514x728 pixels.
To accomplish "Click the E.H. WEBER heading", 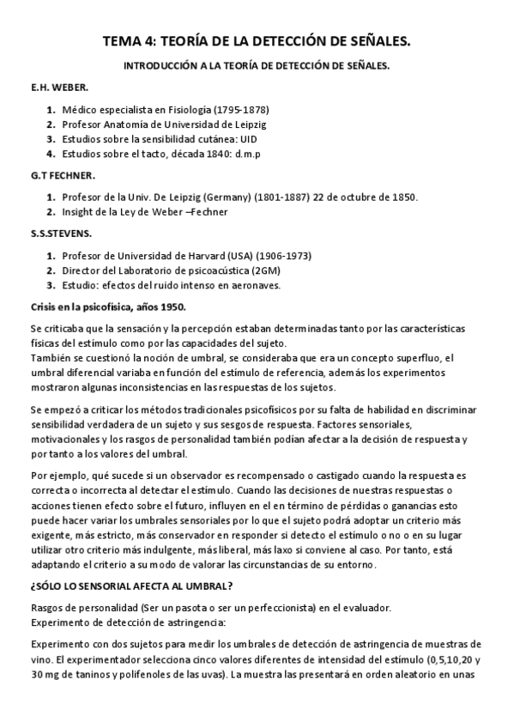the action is tap(54, 88).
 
